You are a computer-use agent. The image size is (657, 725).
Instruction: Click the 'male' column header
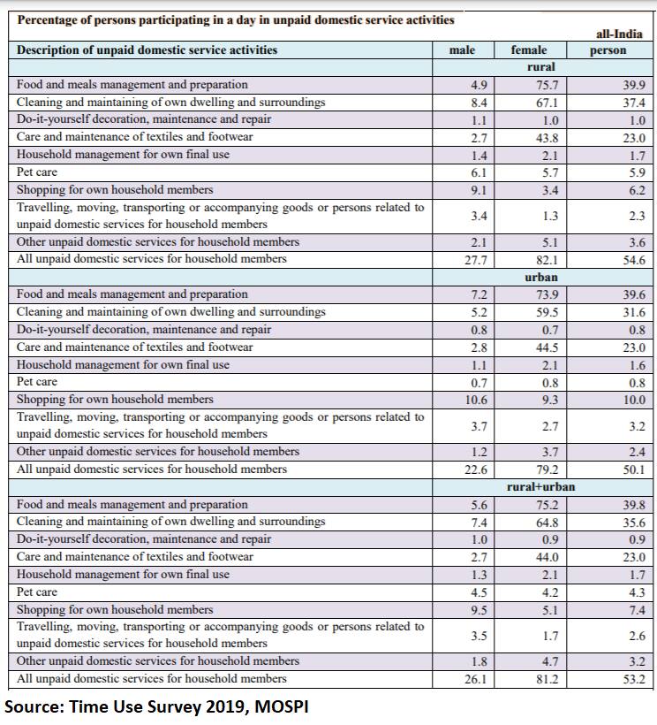point(462,50)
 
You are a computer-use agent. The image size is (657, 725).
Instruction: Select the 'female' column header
point(529,50)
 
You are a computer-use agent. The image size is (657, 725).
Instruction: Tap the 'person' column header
point(608,50)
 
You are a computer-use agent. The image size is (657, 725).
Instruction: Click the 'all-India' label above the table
point(619,34)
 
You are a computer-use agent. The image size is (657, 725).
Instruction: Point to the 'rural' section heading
point(541,67)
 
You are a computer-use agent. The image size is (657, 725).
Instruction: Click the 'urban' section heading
point(541,277)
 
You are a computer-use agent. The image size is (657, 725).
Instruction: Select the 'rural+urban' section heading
point(541,486)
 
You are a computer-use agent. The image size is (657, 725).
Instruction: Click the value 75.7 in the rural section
point(547,85)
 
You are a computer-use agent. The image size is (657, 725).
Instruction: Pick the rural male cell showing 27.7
point(476,260)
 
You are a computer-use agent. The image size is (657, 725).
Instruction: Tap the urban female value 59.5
point(547,313)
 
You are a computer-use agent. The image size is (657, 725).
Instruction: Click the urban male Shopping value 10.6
point(476,400)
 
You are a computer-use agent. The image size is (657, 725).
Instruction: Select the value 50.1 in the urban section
point(634,469)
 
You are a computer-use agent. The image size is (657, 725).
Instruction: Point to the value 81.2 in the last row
point(547,679)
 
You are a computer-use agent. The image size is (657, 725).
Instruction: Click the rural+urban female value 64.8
point(547,523)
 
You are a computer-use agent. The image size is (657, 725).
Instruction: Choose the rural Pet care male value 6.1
point(479,173)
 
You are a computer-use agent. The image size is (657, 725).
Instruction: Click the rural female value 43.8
point(547,138)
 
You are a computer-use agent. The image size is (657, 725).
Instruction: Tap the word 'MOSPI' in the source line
point(281,707)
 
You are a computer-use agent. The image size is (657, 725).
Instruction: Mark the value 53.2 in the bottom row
point(634,679)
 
